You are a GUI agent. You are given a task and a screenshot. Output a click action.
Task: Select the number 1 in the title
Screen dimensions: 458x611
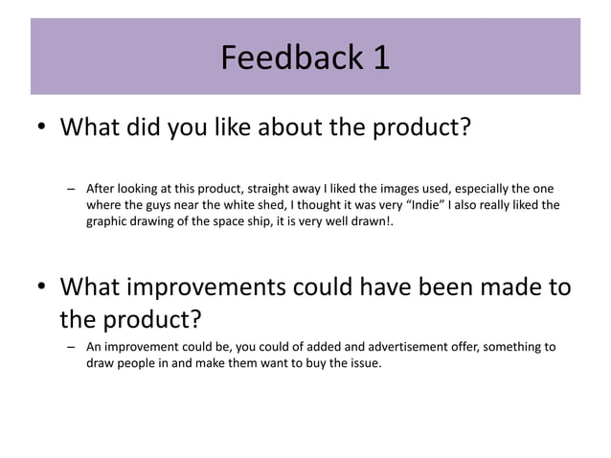[x=380, y=58]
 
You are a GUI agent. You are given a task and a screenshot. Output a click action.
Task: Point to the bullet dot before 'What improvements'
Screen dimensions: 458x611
[x=43, y=287]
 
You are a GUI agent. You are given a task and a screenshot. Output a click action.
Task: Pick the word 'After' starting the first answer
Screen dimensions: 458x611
[x=102, y=188]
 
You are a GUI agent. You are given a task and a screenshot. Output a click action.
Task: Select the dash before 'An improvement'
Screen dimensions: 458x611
[x=71, y=347]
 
